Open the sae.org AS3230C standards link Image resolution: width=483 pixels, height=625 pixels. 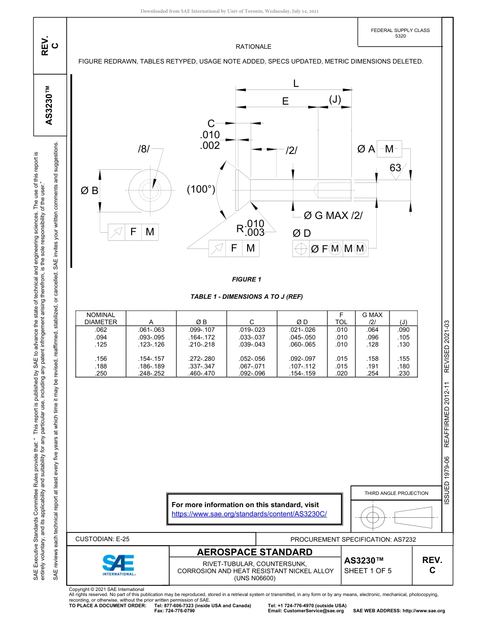point(249,514)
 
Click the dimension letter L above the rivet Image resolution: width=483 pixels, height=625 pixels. point(295,83)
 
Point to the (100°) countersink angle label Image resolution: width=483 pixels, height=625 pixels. point(201,189)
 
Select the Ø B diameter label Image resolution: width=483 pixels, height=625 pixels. point(89,191)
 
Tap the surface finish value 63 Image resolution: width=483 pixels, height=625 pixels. point(395,168)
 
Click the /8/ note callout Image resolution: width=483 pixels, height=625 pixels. point(144,149)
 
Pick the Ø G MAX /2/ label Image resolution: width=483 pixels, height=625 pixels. point(333,215)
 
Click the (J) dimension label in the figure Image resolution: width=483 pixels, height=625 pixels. point(335,100)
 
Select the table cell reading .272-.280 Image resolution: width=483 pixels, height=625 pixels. point(201,359)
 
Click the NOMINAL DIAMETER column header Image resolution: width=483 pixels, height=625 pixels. point(101,319)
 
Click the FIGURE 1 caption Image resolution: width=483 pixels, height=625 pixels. point(246,279)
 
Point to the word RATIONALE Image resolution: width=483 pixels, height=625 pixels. point(253,47)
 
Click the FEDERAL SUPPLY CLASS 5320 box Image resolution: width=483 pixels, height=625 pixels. point(400,33)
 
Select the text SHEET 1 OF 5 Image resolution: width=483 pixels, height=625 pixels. point(368,571)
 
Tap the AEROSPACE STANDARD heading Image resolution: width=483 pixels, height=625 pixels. point(255,552)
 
